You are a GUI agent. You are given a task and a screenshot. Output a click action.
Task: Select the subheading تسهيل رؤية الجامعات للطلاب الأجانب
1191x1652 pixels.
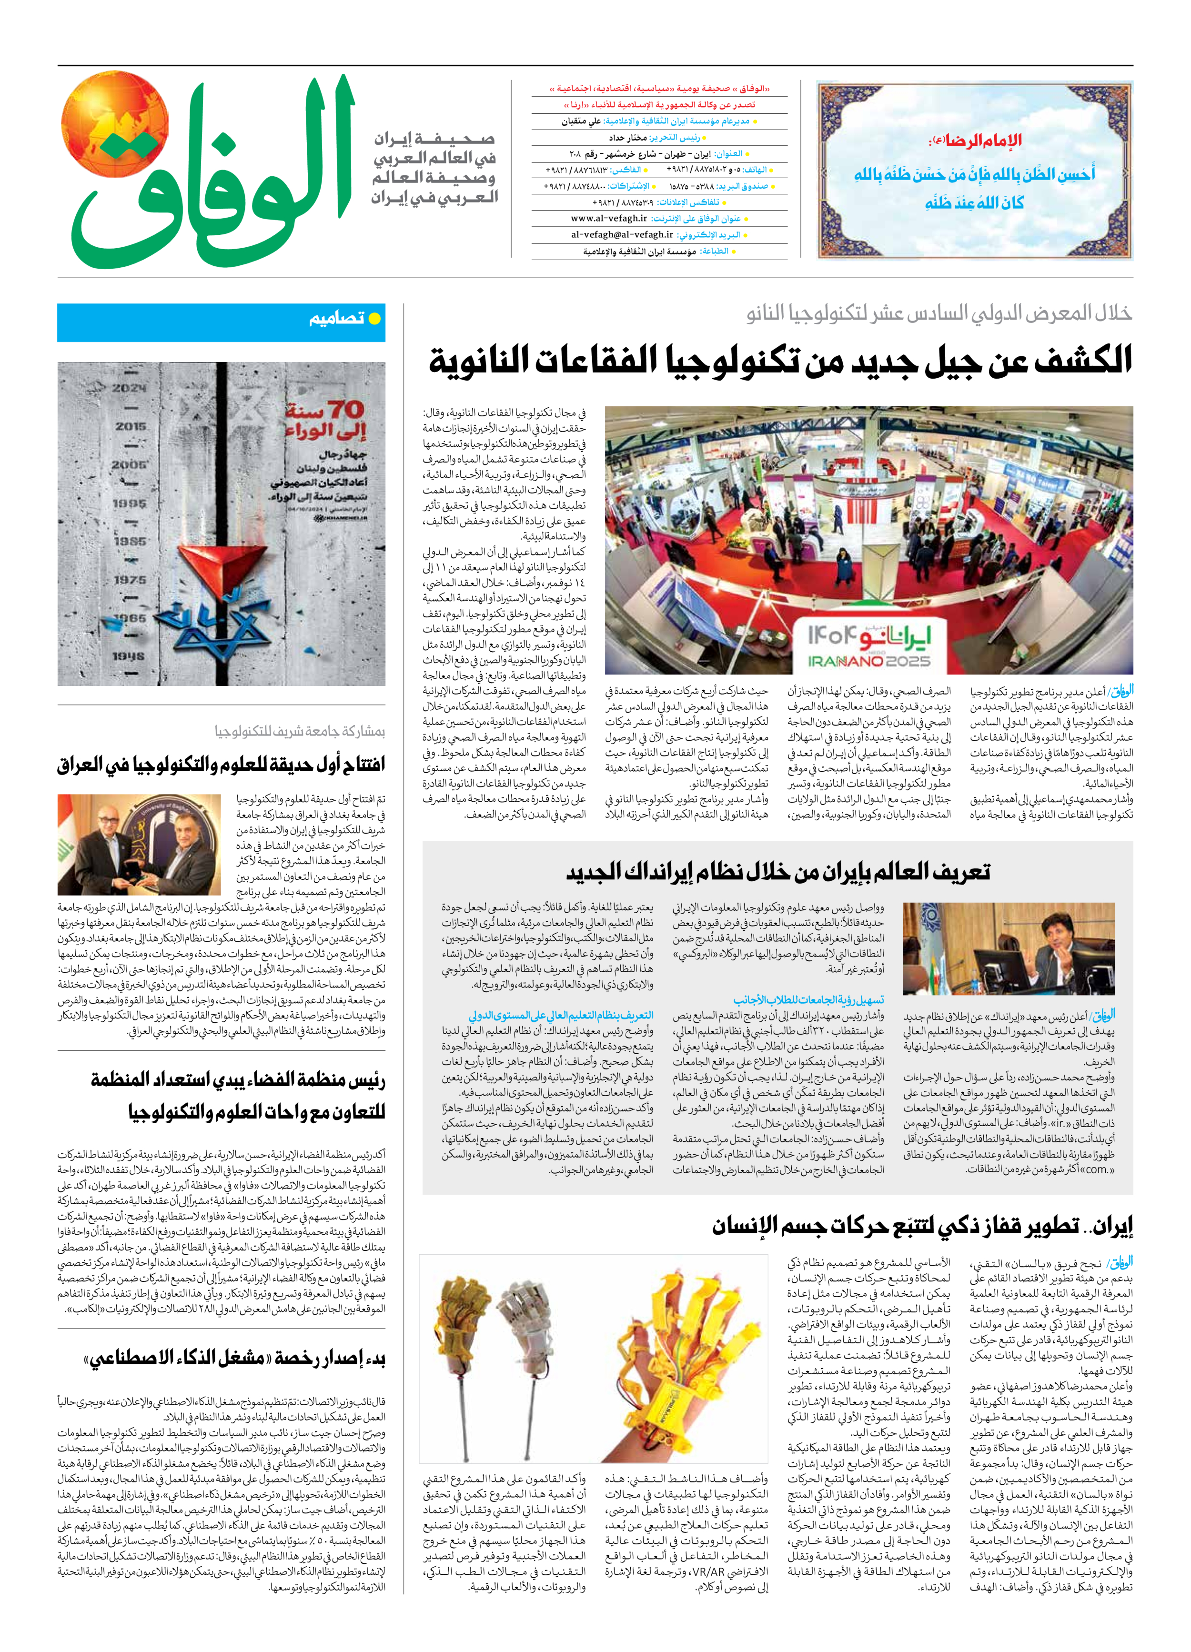pos(808,1000)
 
